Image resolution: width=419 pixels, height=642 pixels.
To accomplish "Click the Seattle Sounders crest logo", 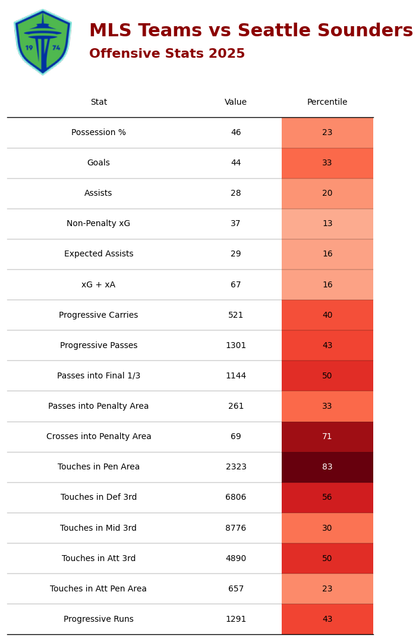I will [43, 42].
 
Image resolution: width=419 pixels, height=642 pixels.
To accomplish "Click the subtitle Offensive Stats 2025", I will [167, 54].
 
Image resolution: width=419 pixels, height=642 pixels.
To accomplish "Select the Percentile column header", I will [327, 102].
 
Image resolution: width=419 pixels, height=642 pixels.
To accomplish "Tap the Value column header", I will [236, 102].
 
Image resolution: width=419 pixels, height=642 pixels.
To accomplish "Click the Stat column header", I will [99, 102].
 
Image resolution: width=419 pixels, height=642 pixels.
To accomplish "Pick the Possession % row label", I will [99, 133].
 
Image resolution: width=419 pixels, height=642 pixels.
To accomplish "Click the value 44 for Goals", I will [236, 163].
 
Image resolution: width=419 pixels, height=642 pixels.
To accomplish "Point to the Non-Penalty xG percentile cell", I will [327, 224].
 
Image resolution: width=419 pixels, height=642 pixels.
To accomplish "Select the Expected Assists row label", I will [99, 254].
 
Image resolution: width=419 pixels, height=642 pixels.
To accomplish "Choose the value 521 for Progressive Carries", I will [236, 315].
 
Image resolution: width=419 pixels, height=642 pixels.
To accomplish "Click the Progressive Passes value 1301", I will [236, 346].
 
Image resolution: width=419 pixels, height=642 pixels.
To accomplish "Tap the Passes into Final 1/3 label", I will [99, 376].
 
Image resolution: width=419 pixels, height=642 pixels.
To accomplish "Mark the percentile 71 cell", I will [327, 437].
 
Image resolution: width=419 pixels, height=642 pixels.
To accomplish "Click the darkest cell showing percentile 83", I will [327, 467].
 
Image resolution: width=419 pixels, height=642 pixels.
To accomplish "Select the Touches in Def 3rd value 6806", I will [236, 497].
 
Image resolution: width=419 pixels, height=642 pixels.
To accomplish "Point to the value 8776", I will [236, 528].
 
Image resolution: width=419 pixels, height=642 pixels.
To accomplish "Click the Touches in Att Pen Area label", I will [99, 589].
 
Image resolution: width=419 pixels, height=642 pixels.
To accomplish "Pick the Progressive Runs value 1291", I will [236, 619].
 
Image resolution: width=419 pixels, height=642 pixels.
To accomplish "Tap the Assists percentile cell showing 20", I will [327, 193].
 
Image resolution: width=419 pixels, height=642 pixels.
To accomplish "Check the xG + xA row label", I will [99, 285].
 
